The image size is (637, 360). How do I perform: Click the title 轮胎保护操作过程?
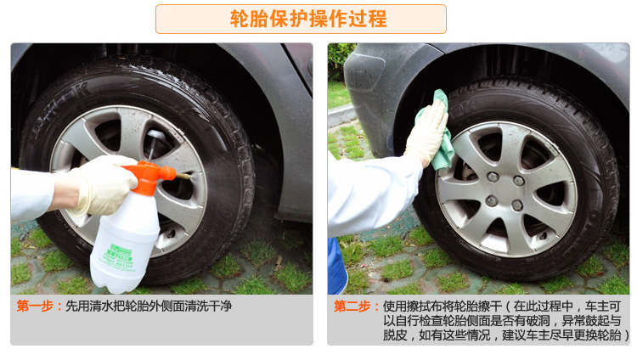308,19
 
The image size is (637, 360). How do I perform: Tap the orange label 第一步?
35,306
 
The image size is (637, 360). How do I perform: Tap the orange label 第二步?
352,306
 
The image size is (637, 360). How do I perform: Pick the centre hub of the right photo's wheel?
505,190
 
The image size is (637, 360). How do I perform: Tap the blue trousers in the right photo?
336,266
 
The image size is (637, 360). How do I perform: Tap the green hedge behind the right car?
340,62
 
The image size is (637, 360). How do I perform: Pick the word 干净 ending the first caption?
222,306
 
